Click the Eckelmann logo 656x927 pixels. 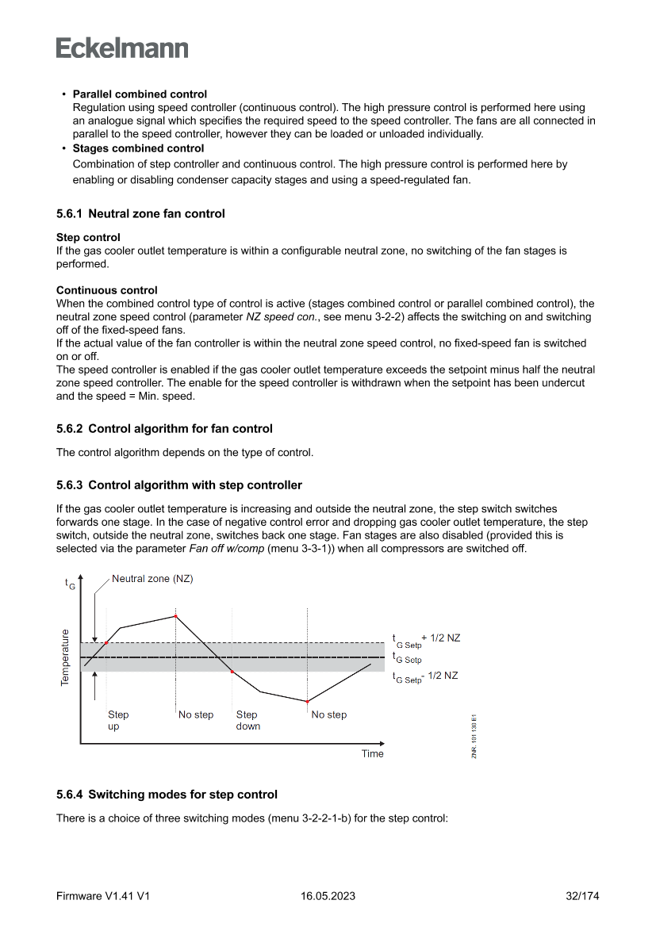point(122,48)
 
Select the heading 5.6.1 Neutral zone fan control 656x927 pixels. point(140,213)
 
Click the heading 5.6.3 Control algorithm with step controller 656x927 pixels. point(178,485)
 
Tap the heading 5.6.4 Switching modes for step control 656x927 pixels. point(167,794)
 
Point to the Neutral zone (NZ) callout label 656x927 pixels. point(152,579)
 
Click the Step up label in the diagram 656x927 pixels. point(118,720)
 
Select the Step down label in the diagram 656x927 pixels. point(247,720)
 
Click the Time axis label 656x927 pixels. point(372,753)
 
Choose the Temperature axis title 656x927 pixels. point(65,657)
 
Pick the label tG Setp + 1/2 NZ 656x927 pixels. point(425,639)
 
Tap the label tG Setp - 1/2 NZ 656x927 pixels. point(425,676)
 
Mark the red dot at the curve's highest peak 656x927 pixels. point(175,616)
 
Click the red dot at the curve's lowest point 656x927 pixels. point(307,702)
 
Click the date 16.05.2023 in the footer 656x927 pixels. point(328,896)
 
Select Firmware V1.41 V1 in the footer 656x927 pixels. point(103,896)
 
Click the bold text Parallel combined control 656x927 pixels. point(140,94)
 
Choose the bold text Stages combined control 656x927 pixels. point(138,148)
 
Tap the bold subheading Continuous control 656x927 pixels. point(106,290)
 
